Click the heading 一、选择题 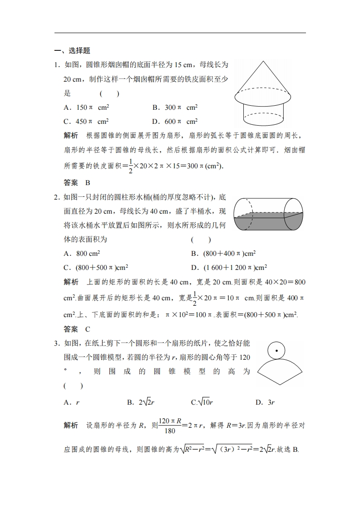(72, 51)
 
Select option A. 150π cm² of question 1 (86, 108)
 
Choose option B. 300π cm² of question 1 (175, 108)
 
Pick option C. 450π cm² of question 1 (86, 121)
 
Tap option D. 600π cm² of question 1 (175, 121)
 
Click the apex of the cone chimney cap (263, 62)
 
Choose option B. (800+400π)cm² (227, 254)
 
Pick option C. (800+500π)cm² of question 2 (99, 267)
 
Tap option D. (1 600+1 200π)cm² (229, 267)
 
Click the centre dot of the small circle (276, 351)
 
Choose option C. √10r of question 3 (202, 402)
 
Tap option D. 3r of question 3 (265, 402)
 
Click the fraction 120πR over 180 (170, 426)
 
